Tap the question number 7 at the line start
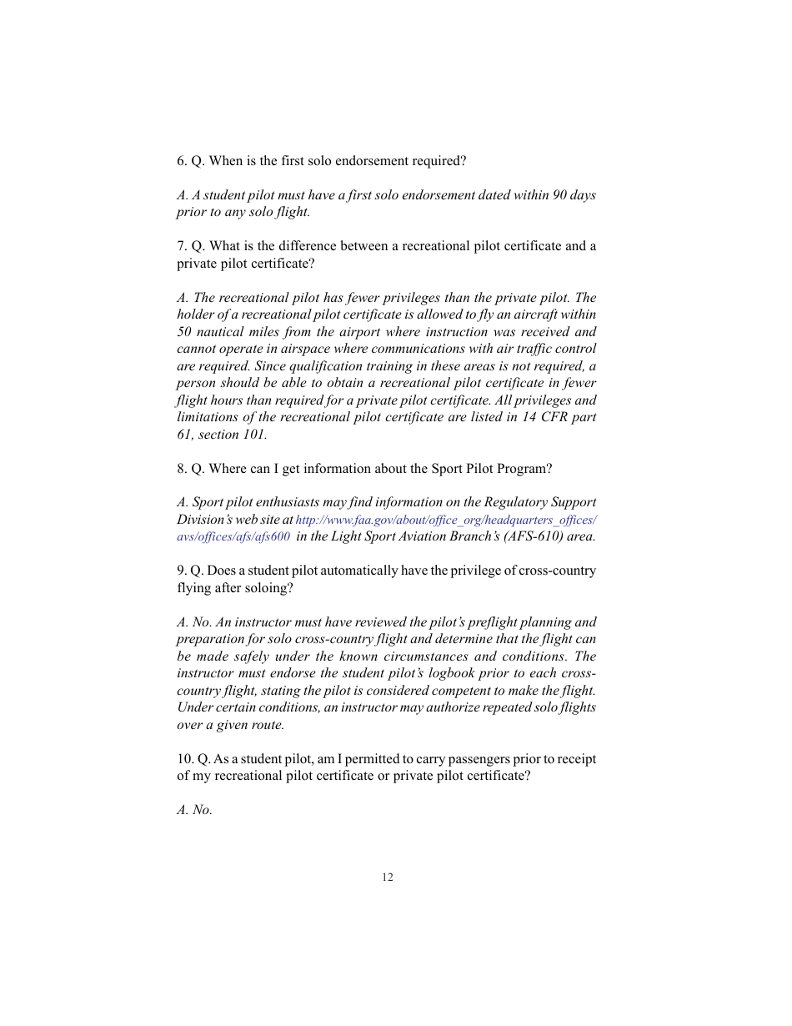click(182, 246)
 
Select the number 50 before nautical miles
click(184, 332)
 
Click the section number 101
click(254, 435)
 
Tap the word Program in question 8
click(526, 469)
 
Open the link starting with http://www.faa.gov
click(446, 520)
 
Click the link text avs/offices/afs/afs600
click(233, 536)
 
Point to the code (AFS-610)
click(533, 536)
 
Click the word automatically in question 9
click(347, 571)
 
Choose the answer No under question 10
click(202, 810)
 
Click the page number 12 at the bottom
click(388, 877)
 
